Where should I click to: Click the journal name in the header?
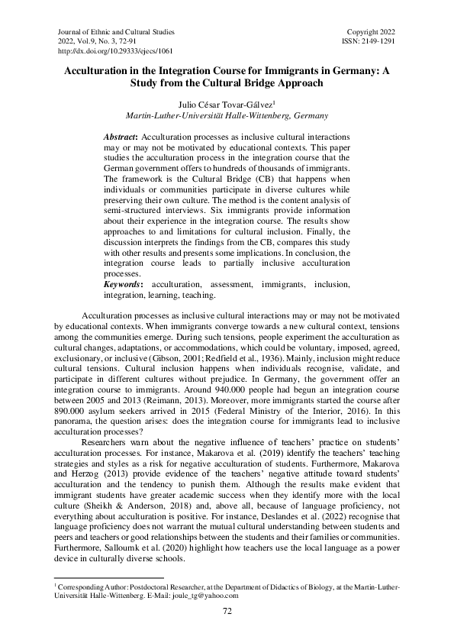point(116,32)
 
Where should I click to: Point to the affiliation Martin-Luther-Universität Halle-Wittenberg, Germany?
point(227,116)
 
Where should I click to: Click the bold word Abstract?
point(119,135)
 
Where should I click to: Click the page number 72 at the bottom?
point(227,611)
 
